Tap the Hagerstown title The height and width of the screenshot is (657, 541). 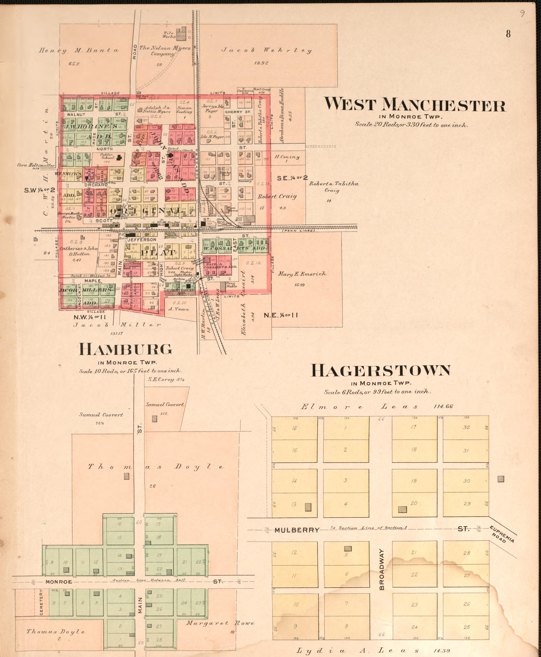(x=381, y=370)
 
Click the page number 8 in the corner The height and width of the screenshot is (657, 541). (x=508, y=34)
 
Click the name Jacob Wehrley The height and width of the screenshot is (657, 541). (x=266, y=50)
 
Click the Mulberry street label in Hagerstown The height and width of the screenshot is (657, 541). (x=297, y=312)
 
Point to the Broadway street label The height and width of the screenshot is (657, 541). (x=382, y=569)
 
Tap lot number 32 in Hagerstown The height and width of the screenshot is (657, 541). (x=466, y=427)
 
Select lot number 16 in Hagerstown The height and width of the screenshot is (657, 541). (x=294, y=428)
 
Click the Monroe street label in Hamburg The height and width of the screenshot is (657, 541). (x=59, y=582)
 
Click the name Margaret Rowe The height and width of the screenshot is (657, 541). (x=220, y=623)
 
